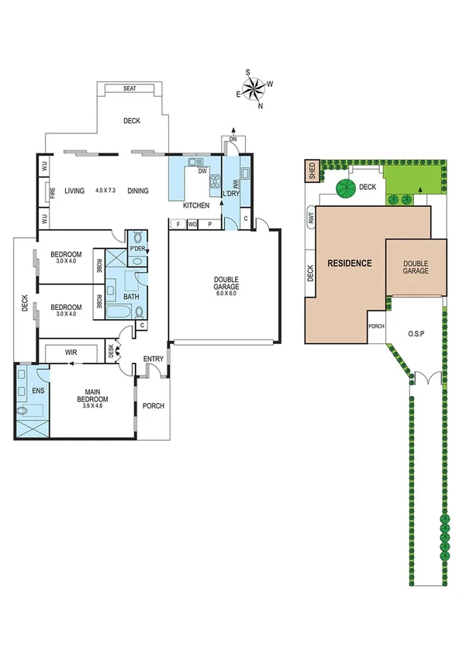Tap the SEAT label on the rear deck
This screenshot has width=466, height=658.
point(129,89)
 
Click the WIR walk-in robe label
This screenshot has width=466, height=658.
point(71,353)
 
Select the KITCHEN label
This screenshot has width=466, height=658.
point(195,206)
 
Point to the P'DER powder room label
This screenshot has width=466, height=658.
point(138,247)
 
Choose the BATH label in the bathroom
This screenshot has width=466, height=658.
point(130,296)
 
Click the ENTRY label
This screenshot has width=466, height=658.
point(154,358)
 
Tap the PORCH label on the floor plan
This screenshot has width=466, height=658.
point(154,405)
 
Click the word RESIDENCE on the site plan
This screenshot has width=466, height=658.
point(349,264)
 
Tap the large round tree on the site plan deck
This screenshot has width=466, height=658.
point(343,186)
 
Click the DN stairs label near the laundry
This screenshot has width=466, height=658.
point(233,140)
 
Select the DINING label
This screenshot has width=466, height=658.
point(138,191)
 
